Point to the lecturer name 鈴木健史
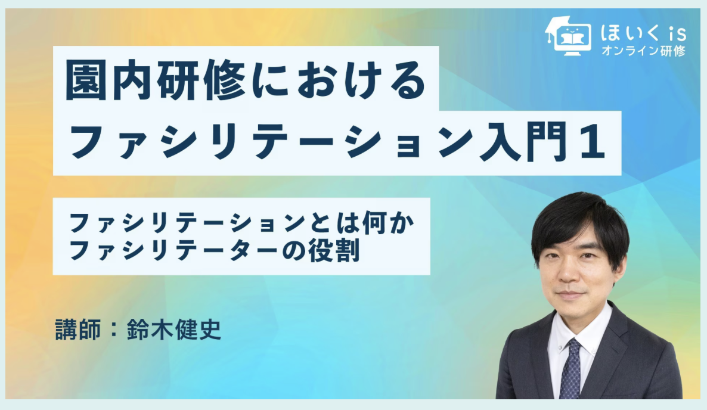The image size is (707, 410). tap(174, 330)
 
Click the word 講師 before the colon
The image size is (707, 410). tap(78, 330)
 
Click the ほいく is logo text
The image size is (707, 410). tap(643, 33)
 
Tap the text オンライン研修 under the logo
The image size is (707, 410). tap(643, 51)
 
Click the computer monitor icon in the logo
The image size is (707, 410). tap(573, 41)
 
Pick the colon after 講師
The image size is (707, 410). tap(114, 330)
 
